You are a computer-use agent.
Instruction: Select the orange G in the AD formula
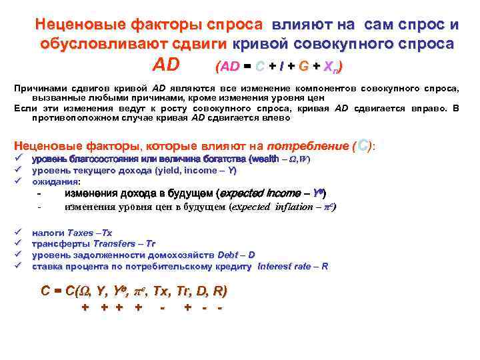click(304, 67)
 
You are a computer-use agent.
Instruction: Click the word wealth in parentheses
click(265, 159)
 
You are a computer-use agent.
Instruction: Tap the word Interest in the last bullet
click(275, 265)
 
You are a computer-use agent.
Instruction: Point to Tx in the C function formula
click(162, 291)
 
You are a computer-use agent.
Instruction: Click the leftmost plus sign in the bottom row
click(85, 308)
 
